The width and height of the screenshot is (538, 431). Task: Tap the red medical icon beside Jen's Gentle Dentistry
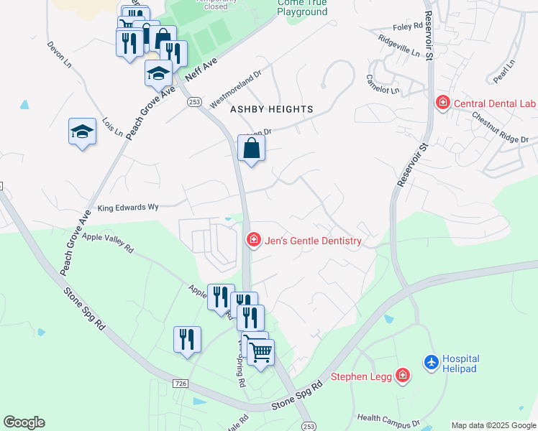coord(253,240)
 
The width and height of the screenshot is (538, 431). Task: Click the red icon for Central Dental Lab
coord(443,104)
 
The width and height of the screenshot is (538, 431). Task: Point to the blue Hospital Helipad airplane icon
coord(431,363)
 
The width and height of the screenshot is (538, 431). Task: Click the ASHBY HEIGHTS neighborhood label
coord(271,109)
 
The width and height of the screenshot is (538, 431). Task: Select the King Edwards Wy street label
coord(128,207)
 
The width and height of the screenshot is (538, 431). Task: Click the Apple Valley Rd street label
coord(108,242)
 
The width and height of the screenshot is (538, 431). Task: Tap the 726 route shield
coord(181,384)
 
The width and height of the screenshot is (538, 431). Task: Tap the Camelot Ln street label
coord(382,85)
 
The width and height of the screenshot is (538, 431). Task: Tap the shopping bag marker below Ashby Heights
coord(252,149)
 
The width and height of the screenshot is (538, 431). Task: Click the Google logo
coord(24,422)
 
